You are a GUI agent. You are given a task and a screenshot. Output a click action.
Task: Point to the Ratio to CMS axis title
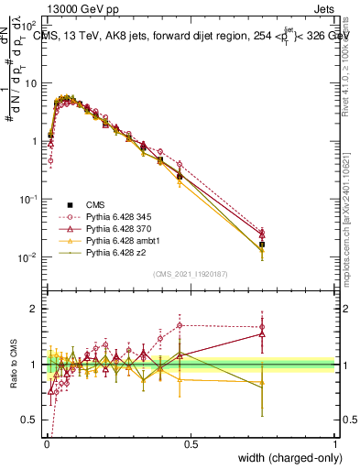(x=12, y=366)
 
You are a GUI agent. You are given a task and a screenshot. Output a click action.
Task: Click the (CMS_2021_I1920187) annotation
(x=190, y=274)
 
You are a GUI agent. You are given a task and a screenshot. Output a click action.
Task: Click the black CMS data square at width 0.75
(x=262, y=245)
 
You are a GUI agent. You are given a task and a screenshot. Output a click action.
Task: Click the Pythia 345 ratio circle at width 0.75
(x=262, y=326)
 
